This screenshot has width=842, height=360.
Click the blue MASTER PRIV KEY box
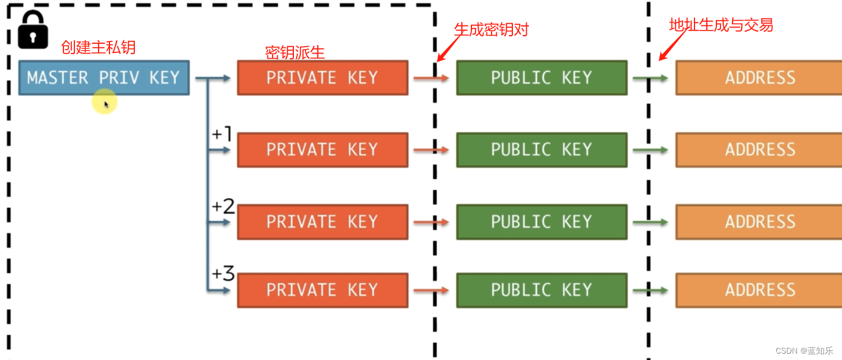[104, 78]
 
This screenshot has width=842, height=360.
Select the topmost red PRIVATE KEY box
[322, 78]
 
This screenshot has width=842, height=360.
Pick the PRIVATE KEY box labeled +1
[322, 150]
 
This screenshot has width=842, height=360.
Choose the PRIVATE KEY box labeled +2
[322, 222]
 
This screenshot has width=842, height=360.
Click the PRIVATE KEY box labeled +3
[322, 290]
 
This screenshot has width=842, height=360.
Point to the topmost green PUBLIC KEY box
[541, 78]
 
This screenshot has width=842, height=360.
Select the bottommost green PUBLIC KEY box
[541, 290]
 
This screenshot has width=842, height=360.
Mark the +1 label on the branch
[222, 134]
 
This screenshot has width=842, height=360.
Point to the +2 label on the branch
[223, 206]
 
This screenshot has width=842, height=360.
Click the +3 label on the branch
[223, 274]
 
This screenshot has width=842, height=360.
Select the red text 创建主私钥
[98, 47]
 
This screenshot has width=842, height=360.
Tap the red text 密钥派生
[294, 52]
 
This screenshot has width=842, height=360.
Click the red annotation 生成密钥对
[491, 29]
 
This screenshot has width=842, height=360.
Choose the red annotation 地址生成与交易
[720, 25]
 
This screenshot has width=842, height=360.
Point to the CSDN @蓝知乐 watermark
[804, 351]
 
